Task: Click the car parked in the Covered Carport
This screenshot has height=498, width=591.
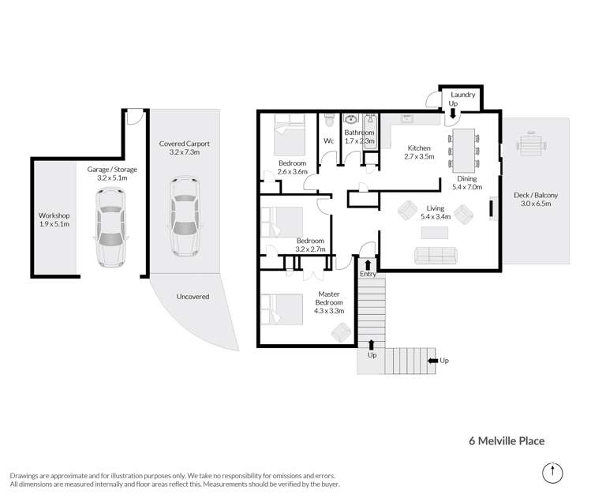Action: (185, 216)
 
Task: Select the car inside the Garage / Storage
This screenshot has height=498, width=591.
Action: (110, 227)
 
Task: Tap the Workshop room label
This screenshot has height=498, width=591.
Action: (54, 215)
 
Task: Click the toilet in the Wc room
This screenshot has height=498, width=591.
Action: (329, 120)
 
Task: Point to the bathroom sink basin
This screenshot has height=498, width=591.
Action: (351, 119)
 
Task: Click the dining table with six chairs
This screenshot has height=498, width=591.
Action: (464, 151)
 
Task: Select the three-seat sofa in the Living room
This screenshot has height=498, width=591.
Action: (436, 256)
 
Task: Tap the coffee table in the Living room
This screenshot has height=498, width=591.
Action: (435, 233)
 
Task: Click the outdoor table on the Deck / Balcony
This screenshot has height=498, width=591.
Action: (531, 144)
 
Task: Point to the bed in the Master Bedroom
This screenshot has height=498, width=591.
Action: (282, 309)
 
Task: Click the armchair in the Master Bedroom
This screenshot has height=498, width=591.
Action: (341, 332)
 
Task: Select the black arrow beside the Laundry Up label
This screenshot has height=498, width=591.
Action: (453, 113)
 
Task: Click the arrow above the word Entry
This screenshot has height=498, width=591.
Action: (368, 264)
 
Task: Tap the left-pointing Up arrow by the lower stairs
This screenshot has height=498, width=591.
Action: (432, 361)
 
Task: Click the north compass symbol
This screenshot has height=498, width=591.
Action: (552, 473)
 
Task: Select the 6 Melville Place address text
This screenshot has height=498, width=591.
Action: (507, 441)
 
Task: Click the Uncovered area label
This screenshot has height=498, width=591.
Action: (193, 297)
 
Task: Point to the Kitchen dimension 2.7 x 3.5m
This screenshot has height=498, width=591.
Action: (419, 156)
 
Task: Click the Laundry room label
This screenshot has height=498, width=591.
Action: (463, 95)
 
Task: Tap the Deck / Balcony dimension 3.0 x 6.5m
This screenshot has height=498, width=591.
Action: (536, 204)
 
